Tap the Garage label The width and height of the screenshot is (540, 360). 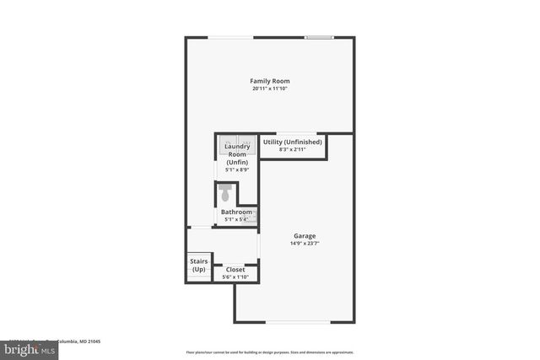[305, 236]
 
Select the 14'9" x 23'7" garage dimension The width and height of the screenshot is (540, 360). [305, 244]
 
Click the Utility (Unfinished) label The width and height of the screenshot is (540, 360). [293, 142]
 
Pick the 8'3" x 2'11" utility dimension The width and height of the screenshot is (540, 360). [293, 149]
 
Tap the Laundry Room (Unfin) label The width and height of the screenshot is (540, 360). [237, 154]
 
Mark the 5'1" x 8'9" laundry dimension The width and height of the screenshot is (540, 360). [237, 169]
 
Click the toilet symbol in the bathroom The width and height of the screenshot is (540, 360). [224, 194]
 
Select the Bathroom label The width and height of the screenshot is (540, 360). [236, 212]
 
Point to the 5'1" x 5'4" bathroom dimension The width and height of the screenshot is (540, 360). [236, 219]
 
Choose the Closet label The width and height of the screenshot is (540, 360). [235, 270]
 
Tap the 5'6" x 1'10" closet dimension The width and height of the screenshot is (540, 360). [235, 277]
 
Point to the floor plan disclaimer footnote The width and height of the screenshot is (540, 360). [269, 352]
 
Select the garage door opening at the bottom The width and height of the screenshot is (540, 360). [298, 322]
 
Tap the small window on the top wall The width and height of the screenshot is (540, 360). [318, 37]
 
